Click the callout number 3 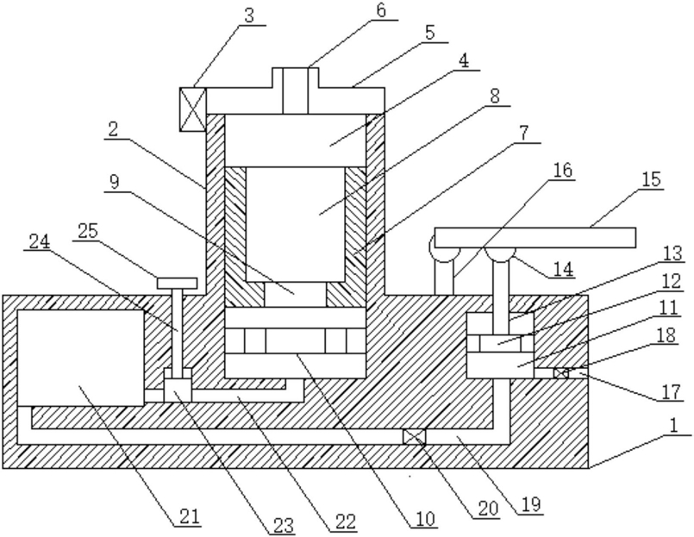pyautogui.click(x=249, y=16)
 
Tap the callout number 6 pyautogui.click(x=381, y=10)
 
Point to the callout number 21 pyautogui.click(x=190, y=516)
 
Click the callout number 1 pyautogui.click(x=673, y=426)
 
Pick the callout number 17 pyautogui.click(x=671, y=392)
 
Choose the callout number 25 pyautogui.click(x=88, y=230)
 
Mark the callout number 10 pyautogui.click(x=425, y=518)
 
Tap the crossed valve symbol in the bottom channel pyautogui.click(x=414, y=437)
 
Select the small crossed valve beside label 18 pyautogui.click(x=560, y=373)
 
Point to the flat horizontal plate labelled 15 pyautogui.click(x=535, y=238)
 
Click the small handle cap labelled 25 pyautogui.click(x=177, y=284)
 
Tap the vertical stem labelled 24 pyautogui.click(x=178, y=328)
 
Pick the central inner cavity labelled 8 pyautogui.click(x=295, y=224)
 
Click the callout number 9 pyautogui.click(x=115, y=182)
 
